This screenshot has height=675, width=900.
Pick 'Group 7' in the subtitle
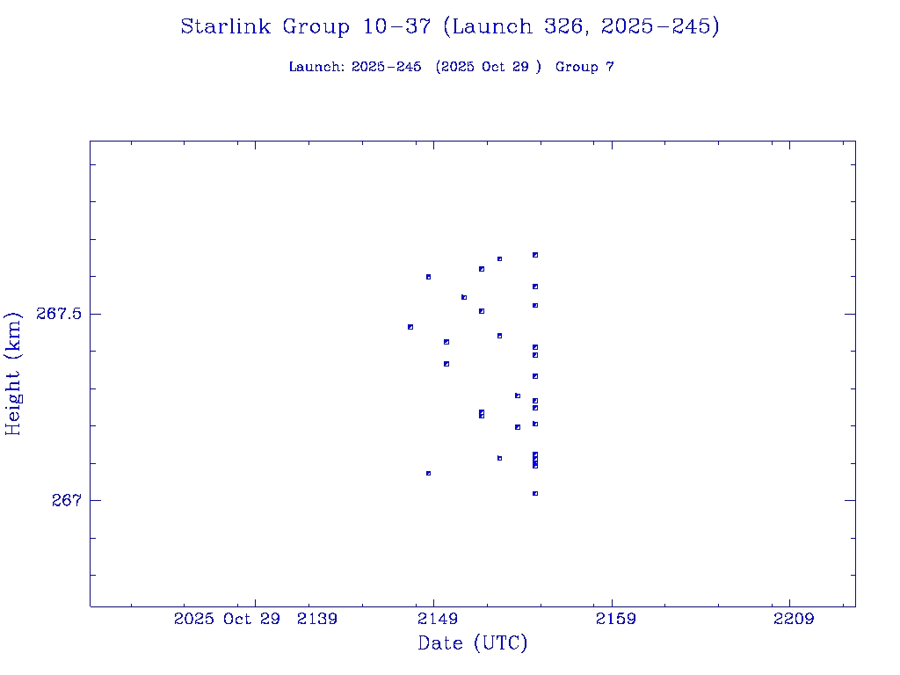coord(584,67)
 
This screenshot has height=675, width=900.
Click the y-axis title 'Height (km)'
coord(13,373)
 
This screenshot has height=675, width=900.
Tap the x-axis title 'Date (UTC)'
coord(473,643)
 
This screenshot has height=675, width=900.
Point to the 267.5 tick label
coord(59,314)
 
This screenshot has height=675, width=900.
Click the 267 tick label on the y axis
coord(65,500)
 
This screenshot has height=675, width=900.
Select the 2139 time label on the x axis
coord(317,619)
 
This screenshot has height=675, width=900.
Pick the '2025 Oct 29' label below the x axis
coord(227,619)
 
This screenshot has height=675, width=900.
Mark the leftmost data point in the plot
coord(410,327)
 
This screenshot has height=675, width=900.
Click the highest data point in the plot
coord(534,255)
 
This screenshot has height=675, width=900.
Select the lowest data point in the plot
coord(534,494)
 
